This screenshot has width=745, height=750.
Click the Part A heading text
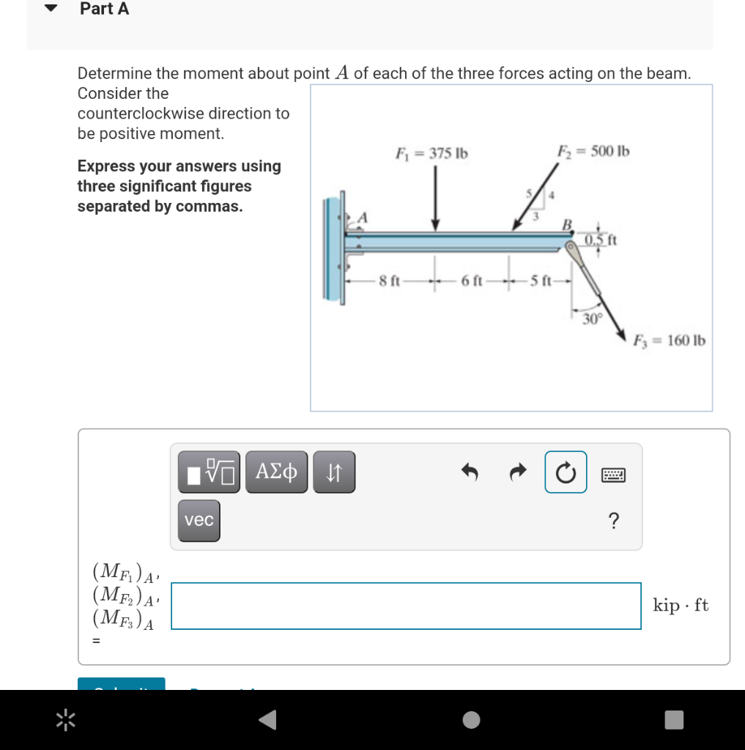pyautogui.click(x=104, y=9)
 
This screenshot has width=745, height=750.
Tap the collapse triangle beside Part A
pyautogui.click(x=51, y=10)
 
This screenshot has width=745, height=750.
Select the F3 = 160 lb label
pyautogui.click(x=670, y=341)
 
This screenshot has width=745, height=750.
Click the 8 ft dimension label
pyautogui.click(x=389, y=281)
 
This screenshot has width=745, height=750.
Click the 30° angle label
pyautogui.click(x=591, y=319)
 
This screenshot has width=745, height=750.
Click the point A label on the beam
pyautogui.click(x=362, y=217)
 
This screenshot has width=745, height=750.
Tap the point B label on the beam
pyautogui.click(x=566, y=223)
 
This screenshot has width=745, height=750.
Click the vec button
pyautogui.click(x=199, y=520)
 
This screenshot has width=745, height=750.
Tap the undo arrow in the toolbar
pyautogui.click(x=470, y=473)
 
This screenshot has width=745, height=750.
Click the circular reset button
pyautogui.click(x=566, y=472)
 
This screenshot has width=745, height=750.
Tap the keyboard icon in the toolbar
pyautogui.click(x=613, y=475)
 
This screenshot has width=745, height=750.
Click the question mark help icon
pyautogui.click(x=613, y=521)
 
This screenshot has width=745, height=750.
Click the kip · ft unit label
pyautogui.click(x=681, y=605)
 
